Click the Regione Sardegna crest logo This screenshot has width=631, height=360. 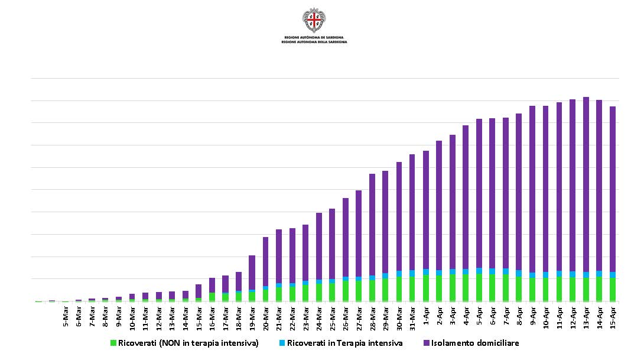[x=314, y=21]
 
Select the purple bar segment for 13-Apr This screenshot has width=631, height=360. [x=586, y=183]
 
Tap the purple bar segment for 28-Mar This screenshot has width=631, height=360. [x=372, y=225]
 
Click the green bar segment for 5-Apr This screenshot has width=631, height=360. [x=479, y=287]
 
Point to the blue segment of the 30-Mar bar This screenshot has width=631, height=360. [x=399, y=274]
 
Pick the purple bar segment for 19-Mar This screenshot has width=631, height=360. [x=252, y=272]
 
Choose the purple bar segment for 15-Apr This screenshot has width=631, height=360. [x=613, y=189]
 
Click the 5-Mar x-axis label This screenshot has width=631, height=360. [x=66, y=316]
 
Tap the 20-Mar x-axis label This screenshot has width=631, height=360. [x=266, y=317]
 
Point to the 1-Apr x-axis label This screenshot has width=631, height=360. [x=427, y=316]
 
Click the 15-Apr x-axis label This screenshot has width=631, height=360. [x=613, y=317]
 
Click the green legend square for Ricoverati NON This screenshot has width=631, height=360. [x=113, y=343]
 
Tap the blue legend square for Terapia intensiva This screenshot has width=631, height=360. [x=282, y=343]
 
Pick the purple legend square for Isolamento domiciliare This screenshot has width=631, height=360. [x=426, y=343]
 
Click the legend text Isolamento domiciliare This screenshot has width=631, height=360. [x=475, y=343]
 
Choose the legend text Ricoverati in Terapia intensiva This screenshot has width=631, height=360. [x=344, y=343]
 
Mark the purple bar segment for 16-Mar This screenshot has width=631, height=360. [x=212, y=285]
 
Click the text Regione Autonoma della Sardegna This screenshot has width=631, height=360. [x=314, y=43]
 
